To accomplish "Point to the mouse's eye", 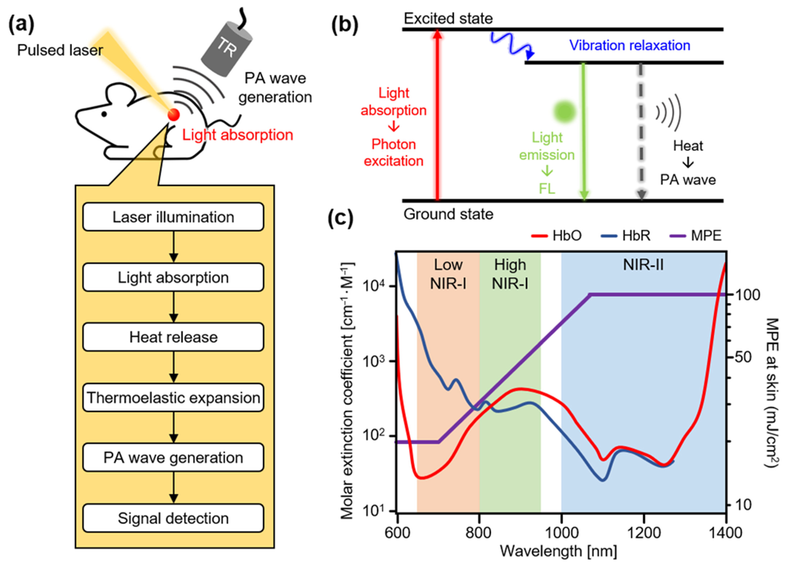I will pos(104,114).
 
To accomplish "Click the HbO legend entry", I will pos(557,236).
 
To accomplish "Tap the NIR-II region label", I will pos(644,265).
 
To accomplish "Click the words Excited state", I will pos(448,19).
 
